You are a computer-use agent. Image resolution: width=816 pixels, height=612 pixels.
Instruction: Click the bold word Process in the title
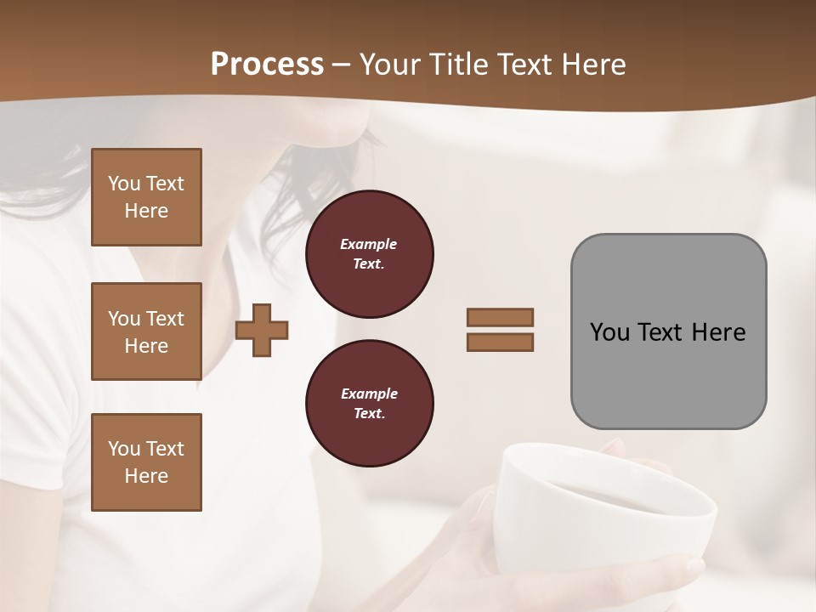pos(267,65)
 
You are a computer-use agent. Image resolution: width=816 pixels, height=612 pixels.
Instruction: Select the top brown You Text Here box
pos(146,197)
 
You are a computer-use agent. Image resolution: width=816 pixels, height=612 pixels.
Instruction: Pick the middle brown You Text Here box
pos(146,331)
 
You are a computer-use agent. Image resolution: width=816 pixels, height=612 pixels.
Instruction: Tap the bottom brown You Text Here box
pos(146,462)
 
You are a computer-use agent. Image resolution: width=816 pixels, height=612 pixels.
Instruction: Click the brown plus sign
pos(262,330)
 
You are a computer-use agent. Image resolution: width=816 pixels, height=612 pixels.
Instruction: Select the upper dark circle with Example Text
pos(370,254)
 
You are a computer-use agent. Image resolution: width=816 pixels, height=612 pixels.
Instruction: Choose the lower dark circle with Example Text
pos(370,404)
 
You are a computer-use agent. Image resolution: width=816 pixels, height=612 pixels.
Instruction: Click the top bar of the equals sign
pos(500,317)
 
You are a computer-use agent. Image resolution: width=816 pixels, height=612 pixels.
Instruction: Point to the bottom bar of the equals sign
pos(500,343)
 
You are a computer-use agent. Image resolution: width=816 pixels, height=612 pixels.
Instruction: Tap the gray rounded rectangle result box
pos(668,374)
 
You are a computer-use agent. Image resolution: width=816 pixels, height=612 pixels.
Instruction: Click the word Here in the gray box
pos(718,332)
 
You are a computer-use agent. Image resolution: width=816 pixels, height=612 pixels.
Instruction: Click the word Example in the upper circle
pos(369,244)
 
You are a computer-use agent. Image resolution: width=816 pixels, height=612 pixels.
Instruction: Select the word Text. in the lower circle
pos(369,414)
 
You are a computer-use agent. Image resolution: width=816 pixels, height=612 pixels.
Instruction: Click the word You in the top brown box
pos(124,184)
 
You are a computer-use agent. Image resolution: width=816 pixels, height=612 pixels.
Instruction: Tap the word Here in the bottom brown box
pos(146,476)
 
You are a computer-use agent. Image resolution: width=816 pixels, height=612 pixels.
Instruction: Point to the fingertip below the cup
pos(693,565)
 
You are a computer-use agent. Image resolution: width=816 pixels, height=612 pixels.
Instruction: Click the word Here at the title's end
pos(594,65)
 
